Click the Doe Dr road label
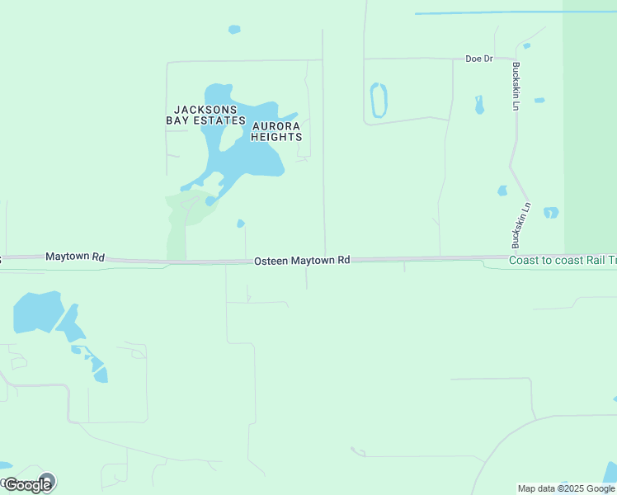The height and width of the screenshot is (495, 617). click(x=478, y=59)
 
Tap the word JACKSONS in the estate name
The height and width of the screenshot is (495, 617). click(x=205, y=109)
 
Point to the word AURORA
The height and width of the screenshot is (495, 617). click(x=276, y=126)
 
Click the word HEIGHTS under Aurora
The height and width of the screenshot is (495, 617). click(x=276, y=137)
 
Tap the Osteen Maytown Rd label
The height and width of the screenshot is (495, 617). click(x=302, y=260)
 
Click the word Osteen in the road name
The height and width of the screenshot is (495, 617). click(x=271, y=260)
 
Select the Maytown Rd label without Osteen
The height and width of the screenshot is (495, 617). click(x=74, y=257)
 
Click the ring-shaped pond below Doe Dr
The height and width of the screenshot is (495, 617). click(x=379, y=101)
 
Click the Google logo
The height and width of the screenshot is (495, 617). click(x=28, y=484)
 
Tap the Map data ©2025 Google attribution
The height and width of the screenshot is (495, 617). click(x=566, y=488)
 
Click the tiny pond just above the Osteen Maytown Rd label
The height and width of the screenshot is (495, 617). click(x=241, y=224)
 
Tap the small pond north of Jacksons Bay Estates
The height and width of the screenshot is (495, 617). click(x=234, y=30)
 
